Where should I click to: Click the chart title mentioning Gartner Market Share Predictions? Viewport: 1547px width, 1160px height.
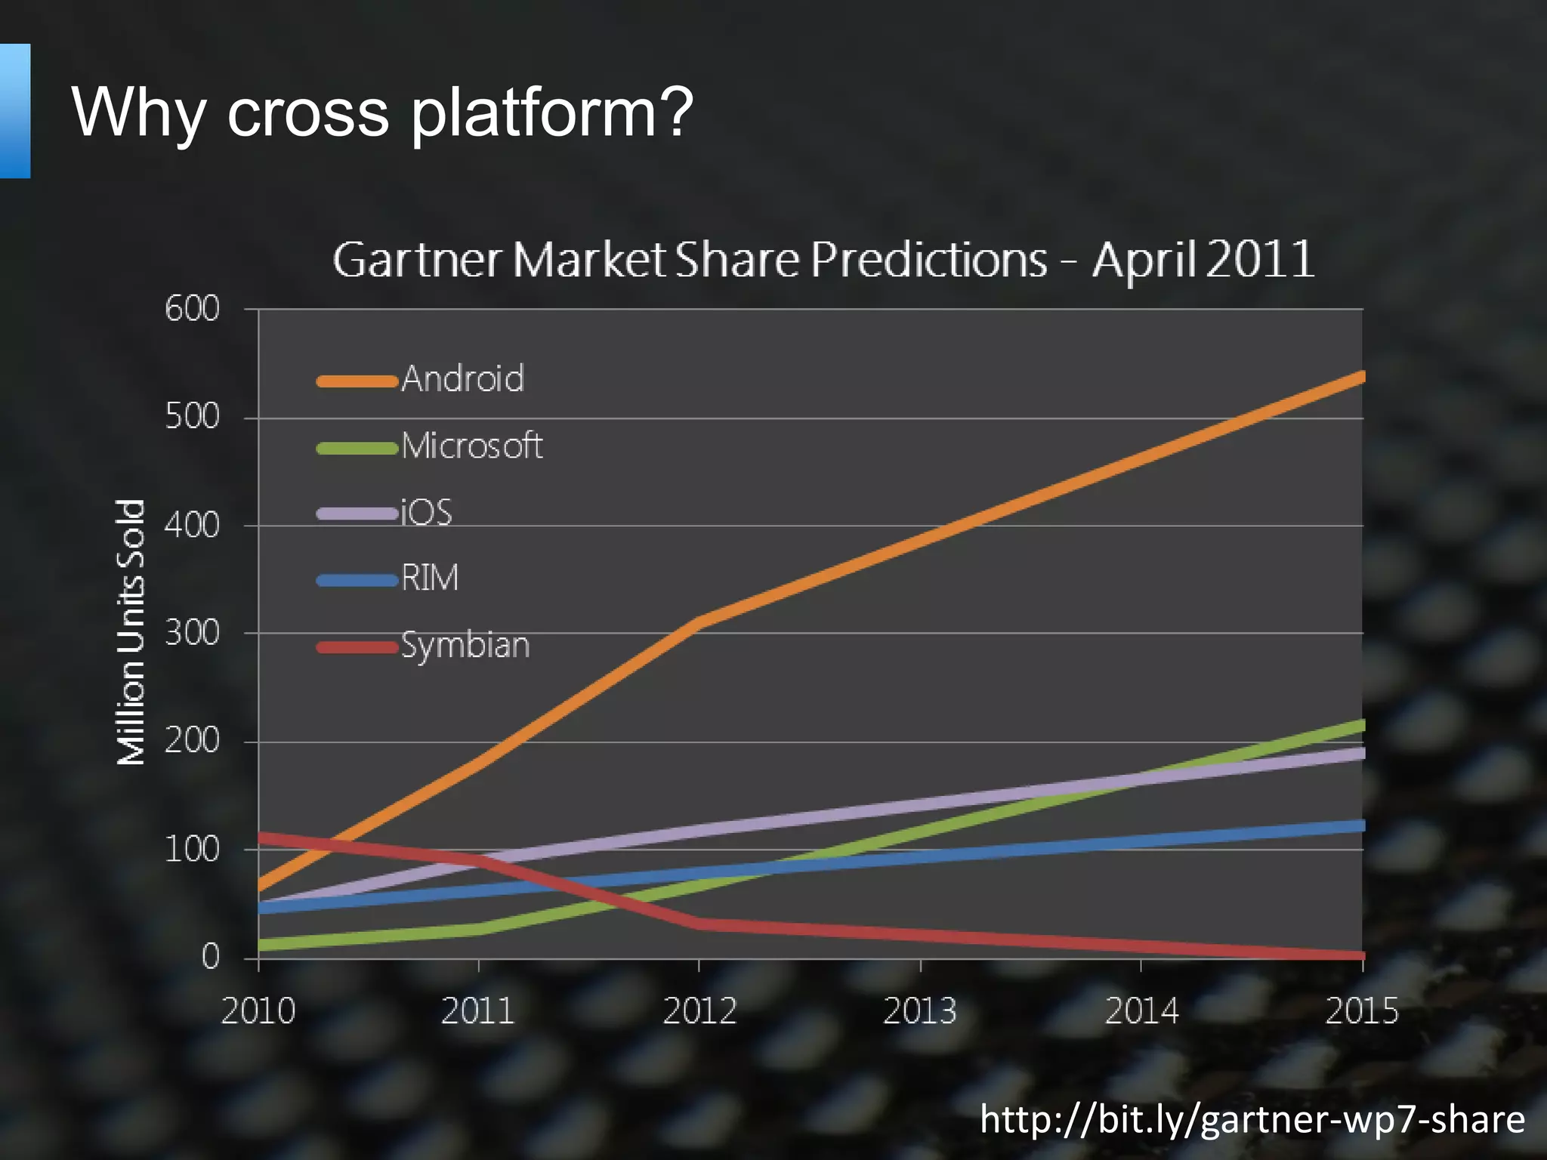coord(823,260)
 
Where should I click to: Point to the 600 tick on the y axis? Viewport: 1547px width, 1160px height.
coord(193,309)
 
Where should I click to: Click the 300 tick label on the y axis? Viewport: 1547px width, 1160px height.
coord(193,633)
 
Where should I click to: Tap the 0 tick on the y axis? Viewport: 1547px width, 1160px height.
coord(210,957)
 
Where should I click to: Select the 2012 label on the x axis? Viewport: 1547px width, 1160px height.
coord(699,1010)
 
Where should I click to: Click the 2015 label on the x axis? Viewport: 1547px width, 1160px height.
coord(1361,1010)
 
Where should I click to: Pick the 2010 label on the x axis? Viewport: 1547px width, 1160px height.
coord(258,1010)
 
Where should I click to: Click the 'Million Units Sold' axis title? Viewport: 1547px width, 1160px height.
coord(131,632)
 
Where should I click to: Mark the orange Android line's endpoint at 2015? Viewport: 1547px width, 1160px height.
coord(1360,377)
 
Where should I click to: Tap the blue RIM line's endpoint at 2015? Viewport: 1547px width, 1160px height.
coord(1360,825)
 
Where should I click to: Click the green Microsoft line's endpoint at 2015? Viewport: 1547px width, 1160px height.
coord(1360,726)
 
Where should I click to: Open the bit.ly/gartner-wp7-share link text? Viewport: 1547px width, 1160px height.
coord(1252,1119)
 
